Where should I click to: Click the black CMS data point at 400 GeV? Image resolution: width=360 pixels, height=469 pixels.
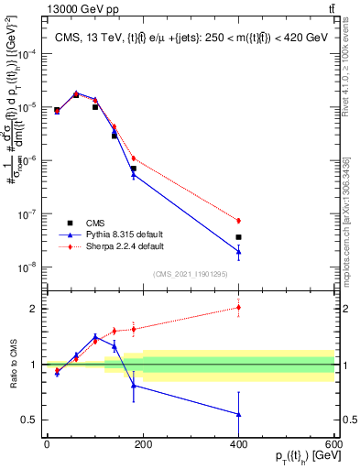tap(238, 237)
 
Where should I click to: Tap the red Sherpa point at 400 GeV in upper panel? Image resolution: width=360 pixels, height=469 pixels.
tap(238, 221)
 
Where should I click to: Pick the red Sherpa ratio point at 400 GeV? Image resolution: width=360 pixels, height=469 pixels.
tap(238, 308)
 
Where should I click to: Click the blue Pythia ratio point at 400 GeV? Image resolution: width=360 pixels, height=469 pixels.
tap(238, 414)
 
